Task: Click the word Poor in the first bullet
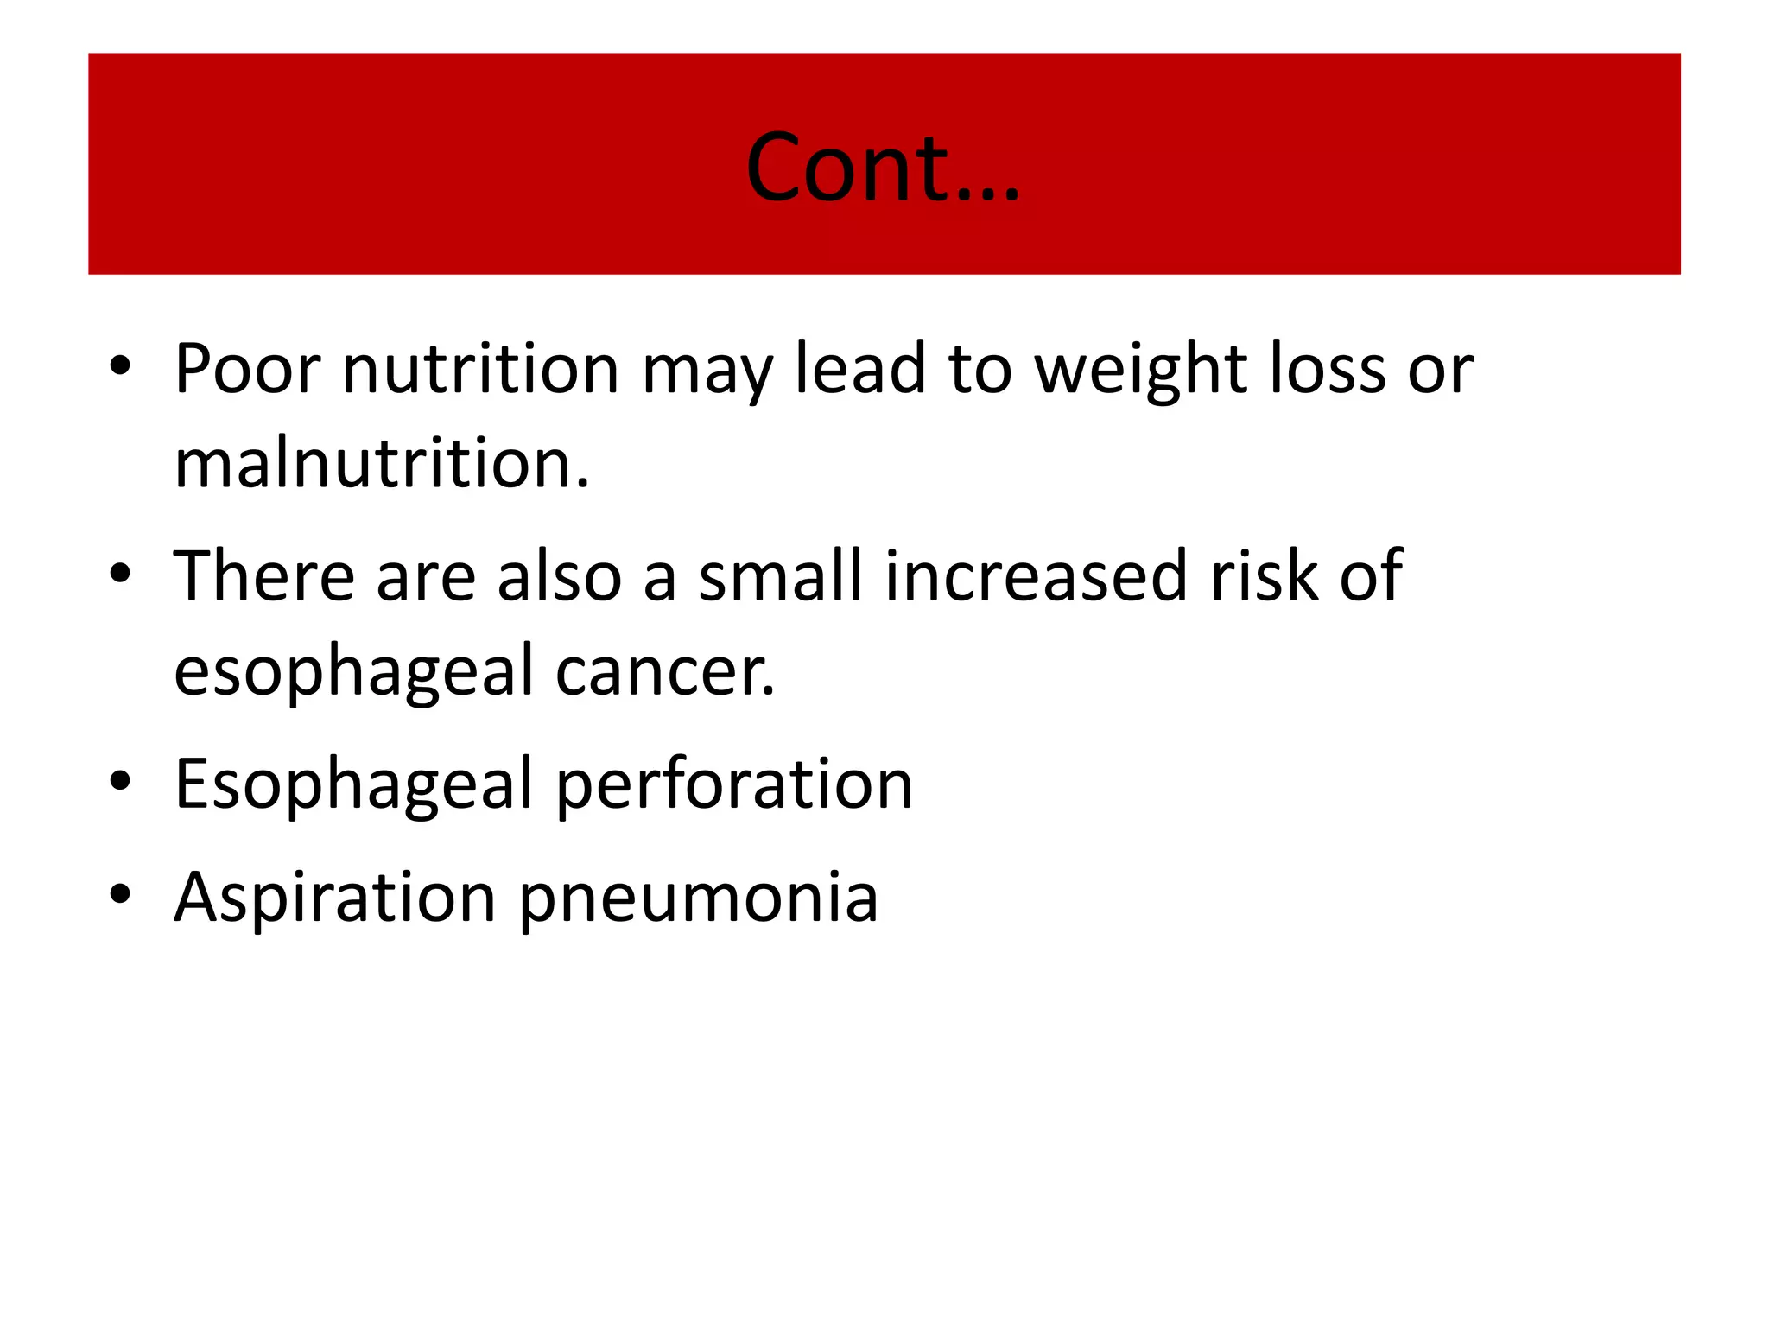pos(247,369)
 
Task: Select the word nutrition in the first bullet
pos(480,369)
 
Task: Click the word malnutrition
pos(381,464)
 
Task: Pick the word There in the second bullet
pos(264,576)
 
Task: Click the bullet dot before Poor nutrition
pos(120,366)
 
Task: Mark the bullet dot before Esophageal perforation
pos(120,781)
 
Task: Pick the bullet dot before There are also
pos(120,574)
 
